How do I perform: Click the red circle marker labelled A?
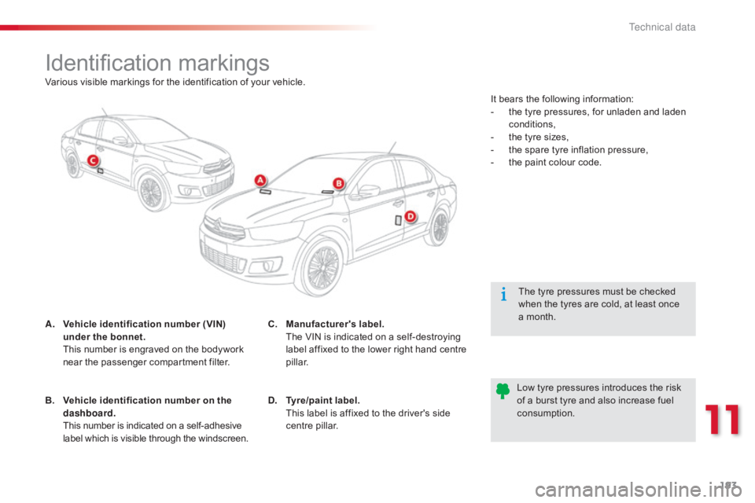[x=260, y=181]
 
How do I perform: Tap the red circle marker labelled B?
[x=338, y=183]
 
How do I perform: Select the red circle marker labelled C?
[x=92, y=160]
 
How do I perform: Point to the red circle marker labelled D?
[x=410, y=215]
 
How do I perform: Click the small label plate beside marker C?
[x=101, y=170]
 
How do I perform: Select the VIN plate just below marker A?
[x=265, y=191]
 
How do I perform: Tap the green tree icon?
[x=503, y=391]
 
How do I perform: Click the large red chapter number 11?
[x=722, y=419]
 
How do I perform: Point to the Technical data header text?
[x=662, y=28]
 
